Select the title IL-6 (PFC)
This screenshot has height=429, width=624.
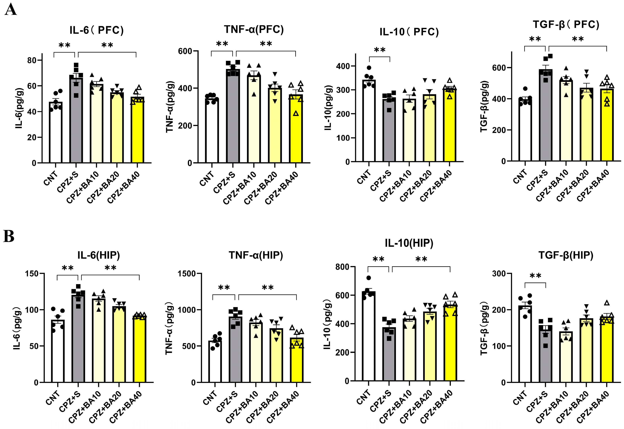coord(96,30)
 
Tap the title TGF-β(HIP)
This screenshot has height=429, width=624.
coord(566,255)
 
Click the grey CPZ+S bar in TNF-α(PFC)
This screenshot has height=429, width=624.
coord(233,118)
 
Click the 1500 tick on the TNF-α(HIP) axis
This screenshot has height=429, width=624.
coord(186,273)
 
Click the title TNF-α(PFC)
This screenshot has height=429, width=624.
coord(254,29)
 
